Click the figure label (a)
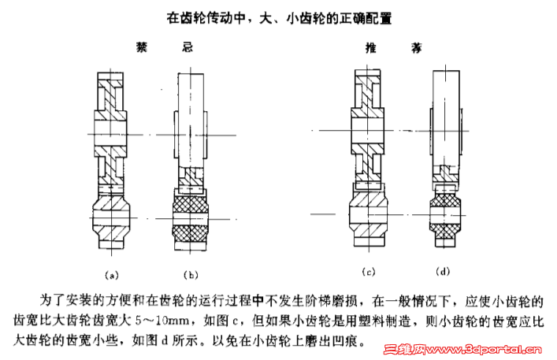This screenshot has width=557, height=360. point(112,275)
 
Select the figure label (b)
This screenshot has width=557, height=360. point(191,275)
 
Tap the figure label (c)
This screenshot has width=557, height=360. point(369,273)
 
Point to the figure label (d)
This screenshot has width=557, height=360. point(443,272)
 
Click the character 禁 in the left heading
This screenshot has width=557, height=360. point(142,47)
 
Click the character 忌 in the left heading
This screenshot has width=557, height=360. point(188,47)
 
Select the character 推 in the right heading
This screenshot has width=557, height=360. point(371,48)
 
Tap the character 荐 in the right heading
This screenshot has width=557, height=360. point(417,48)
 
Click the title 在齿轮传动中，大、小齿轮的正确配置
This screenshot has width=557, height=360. point(279,18)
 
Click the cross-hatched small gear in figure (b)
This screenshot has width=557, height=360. point(190,220)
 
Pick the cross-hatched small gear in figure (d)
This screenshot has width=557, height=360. point(445,215)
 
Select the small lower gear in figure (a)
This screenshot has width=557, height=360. point(111,218)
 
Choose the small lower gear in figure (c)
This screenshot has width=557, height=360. point(369,214)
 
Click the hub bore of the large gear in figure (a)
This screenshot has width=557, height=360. point(110,134)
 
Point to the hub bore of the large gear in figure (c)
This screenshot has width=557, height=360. point(368,130)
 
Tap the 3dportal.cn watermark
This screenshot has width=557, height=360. point(462,350)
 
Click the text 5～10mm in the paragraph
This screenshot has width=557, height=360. point(162,321)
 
